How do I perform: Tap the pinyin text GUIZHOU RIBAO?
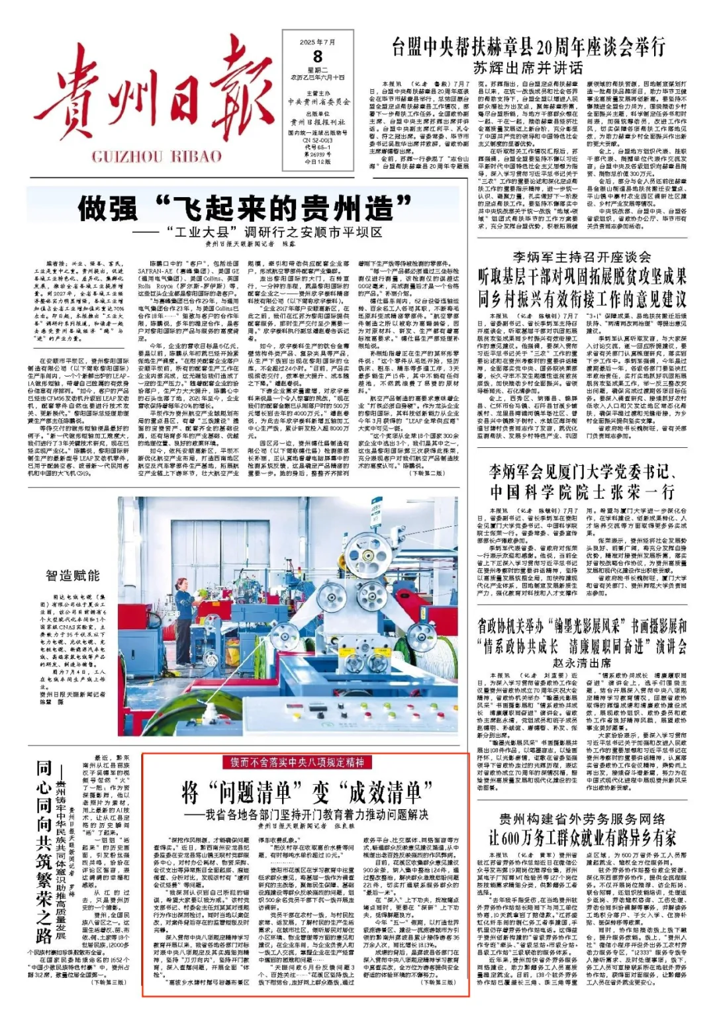click(x=156, y=157)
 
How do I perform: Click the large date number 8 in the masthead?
click(x=318, y=57)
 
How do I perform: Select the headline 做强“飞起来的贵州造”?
click(x=245, y=209)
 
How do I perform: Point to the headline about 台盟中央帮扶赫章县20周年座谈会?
click(x=528, y=48)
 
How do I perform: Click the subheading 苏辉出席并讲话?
click(x=528, y=67)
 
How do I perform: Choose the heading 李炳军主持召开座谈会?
click(x=581, y=257)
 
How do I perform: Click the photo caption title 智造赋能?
click(x=73, y=576)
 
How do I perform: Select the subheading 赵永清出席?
click(x=581, y=662)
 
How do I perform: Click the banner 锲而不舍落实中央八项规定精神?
click(x=297, y=763)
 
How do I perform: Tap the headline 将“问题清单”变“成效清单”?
click(x=307, y=791)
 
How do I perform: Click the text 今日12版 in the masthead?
click(x=317, y=161)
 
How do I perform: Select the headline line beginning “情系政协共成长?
click(x=581, y=646)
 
